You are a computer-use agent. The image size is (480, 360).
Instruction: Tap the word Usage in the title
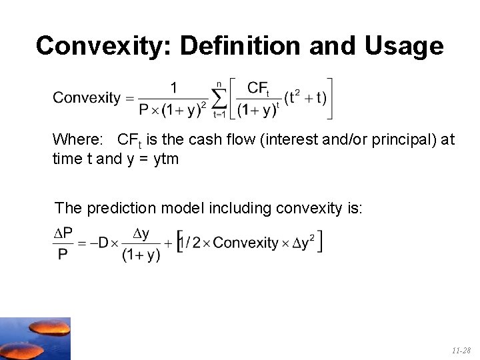[x=405, y=46]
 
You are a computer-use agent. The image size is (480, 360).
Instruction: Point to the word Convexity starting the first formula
[x=87, y=98]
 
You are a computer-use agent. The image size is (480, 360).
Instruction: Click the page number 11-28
[x=461, y=350]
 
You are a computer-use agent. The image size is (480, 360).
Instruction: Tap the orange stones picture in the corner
[x=35, y=338]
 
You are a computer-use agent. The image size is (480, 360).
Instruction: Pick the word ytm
[x=166, y=159]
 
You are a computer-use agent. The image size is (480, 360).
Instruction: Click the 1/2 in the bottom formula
[x=193, y=243]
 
